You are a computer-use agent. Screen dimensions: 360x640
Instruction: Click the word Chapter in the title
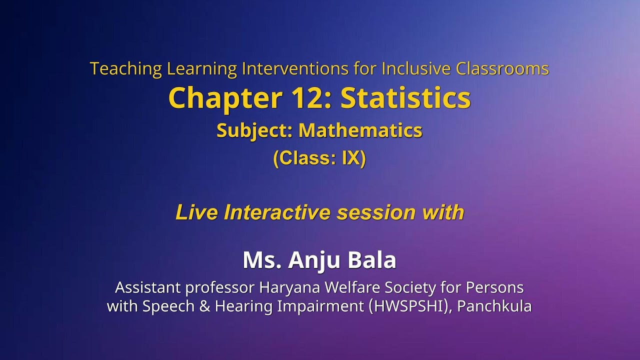click(225, 98)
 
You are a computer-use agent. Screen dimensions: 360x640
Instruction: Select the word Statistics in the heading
click(405, 98)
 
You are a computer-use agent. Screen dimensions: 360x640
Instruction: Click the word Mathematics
click(360, 131)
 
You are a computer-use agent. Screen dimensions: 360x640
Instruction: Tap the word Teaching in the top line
click(126, 68)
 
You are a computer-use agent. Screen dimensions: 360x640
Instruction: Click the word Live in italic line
click(196, 212)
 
